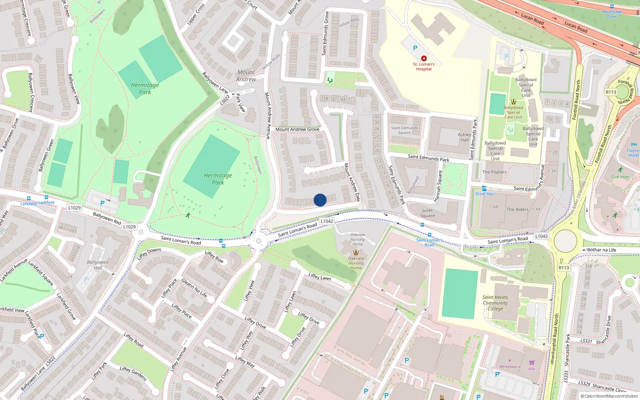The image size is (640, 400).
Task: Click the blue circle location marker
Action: coord(320,200)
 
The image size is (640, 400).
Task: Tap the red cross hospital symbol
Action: coord(424,58)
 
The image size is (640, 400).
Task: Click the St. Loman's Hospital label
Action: coord(424,66)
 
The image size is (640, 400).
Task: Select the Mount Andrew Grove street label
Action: coord(297,129)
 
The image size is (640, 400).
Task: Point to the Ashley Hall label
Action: coord(464,137)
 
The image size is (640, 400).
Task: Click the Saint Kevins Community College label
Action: coord(495,303)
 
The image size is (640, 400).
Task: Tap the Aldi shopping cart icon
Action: coord(532,363)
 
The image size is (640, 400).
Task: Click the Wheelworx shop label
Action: coord(510,367)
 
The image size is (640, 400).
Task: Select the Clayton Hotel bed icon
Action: coord(634,145)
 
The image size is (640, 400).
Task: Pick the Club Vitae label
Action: coord(620,177)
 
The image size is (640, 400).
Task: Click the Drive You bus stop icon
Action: coord(484,188)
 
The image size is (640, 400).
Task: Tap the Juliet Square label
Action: coord(427,213)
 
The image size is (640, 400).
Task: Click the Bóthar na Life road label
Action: coord(602,250)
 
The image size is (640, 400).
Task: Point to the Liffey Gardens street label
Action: coord(133,374)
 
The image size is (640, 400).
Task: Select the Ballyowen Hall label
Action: coord(98,265)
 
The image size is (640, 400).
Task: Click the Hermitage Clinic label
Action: coord(612,14)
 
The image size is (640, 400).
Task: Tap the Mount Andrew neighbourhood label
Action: coord(246,76)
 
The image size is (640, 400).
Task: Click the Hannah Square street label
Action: coord(438,186)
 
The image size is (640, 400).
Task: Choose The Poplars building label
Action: coord(494,172)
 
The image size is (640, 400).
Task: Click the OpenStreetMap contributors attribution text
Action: coord(611,396)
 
